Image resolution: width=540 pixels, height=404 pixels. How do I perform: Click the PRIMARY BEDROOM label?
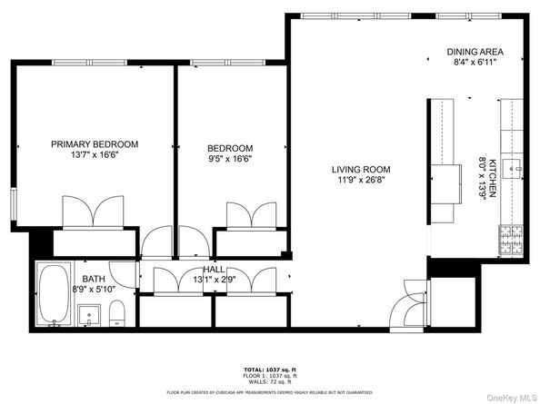[95, 144]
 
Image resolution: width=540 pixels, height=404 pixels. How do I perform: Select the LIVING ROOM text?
[360, 169]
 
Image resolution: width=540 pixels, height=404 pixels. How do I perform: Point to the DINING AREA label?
[475, 52]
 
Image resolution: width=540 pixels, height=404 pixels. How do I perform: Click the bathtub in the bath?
[55, 294]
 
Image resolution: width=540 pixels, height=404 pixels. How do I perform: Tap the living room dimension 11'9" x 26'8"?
[360, 180]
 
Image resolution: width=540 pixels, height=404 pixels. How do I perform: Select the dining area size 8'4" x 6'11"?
[475, 63]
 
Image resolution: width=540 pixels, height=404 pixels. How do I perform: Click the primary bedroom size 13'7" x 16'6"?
[95, 156]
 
